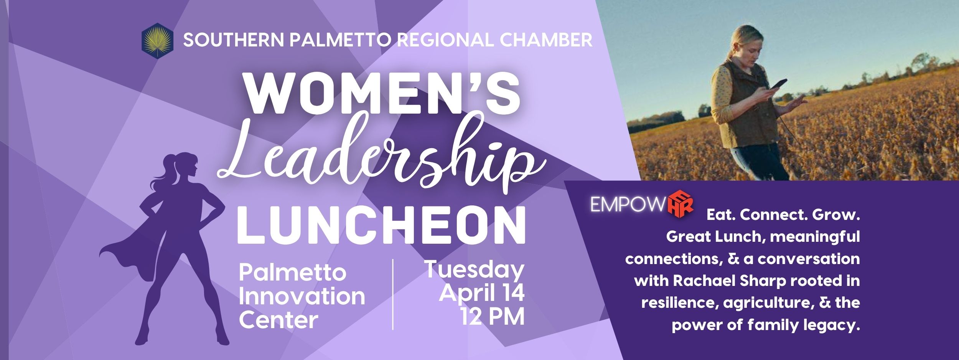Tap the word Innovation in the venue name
(302, 296)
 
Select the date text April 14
(481, 294)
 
